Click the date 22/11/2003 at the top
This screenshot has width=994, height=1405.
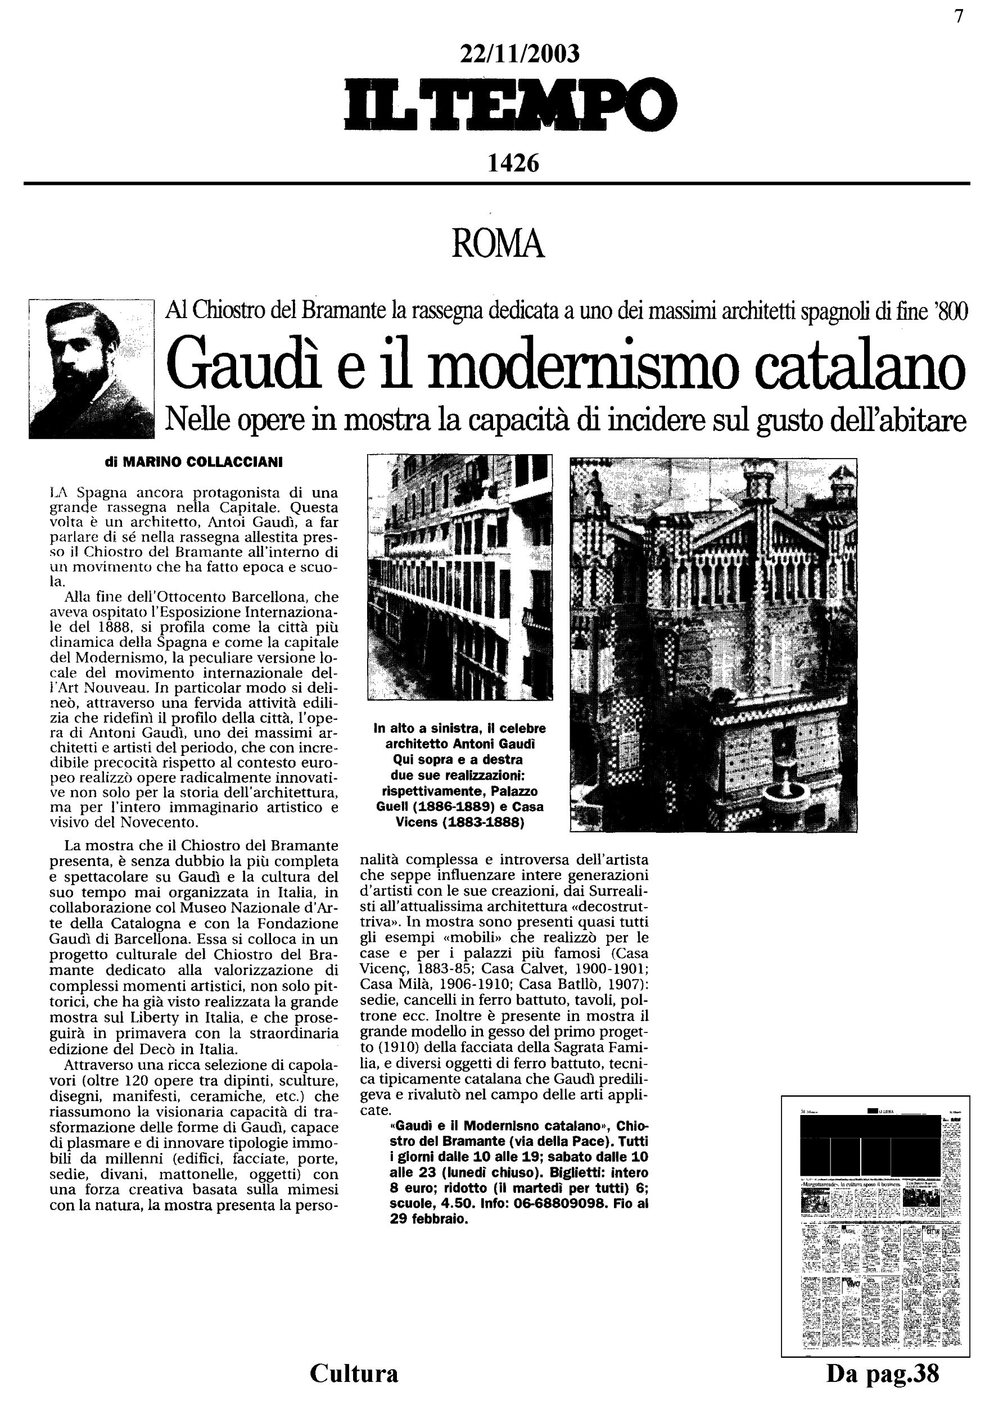coord(519,55)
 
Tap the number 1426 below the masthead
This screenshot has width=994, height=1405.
coord(513,163)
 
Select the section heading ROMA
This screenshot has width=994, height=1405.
coord(498,244)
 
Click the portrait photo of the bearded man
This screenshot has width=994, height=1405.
coord(91,369)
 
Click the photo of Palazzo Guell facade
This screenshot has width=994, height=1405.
coord(460,577)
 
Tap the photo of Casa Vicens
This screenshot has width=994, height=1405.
coord(713,645)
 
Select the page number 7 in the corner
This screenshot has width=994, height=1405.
coord(959,17)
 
